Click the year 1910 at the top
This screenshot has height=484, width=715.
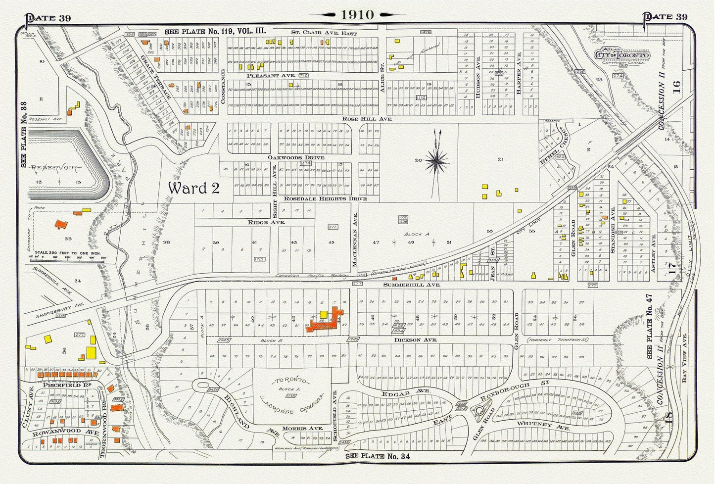[x=357, y=14]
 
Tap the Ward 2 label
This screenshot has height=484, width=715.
[x=193, y=189]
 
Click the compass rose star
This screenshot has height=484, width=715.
[x=436, y=161]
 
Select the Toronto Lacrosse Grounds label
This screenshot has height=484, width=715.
[x=290, y=395]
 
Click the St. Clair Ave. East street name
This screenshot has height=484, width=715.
[x=324, y=33]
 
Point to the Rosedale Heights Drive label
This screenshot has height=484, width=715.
[x=325, y=198]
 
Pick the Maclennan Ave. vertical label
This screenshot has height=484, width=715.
[x=354, y=240]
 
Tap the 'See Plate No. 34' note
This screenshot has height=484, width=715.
[x=378, y=456]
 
